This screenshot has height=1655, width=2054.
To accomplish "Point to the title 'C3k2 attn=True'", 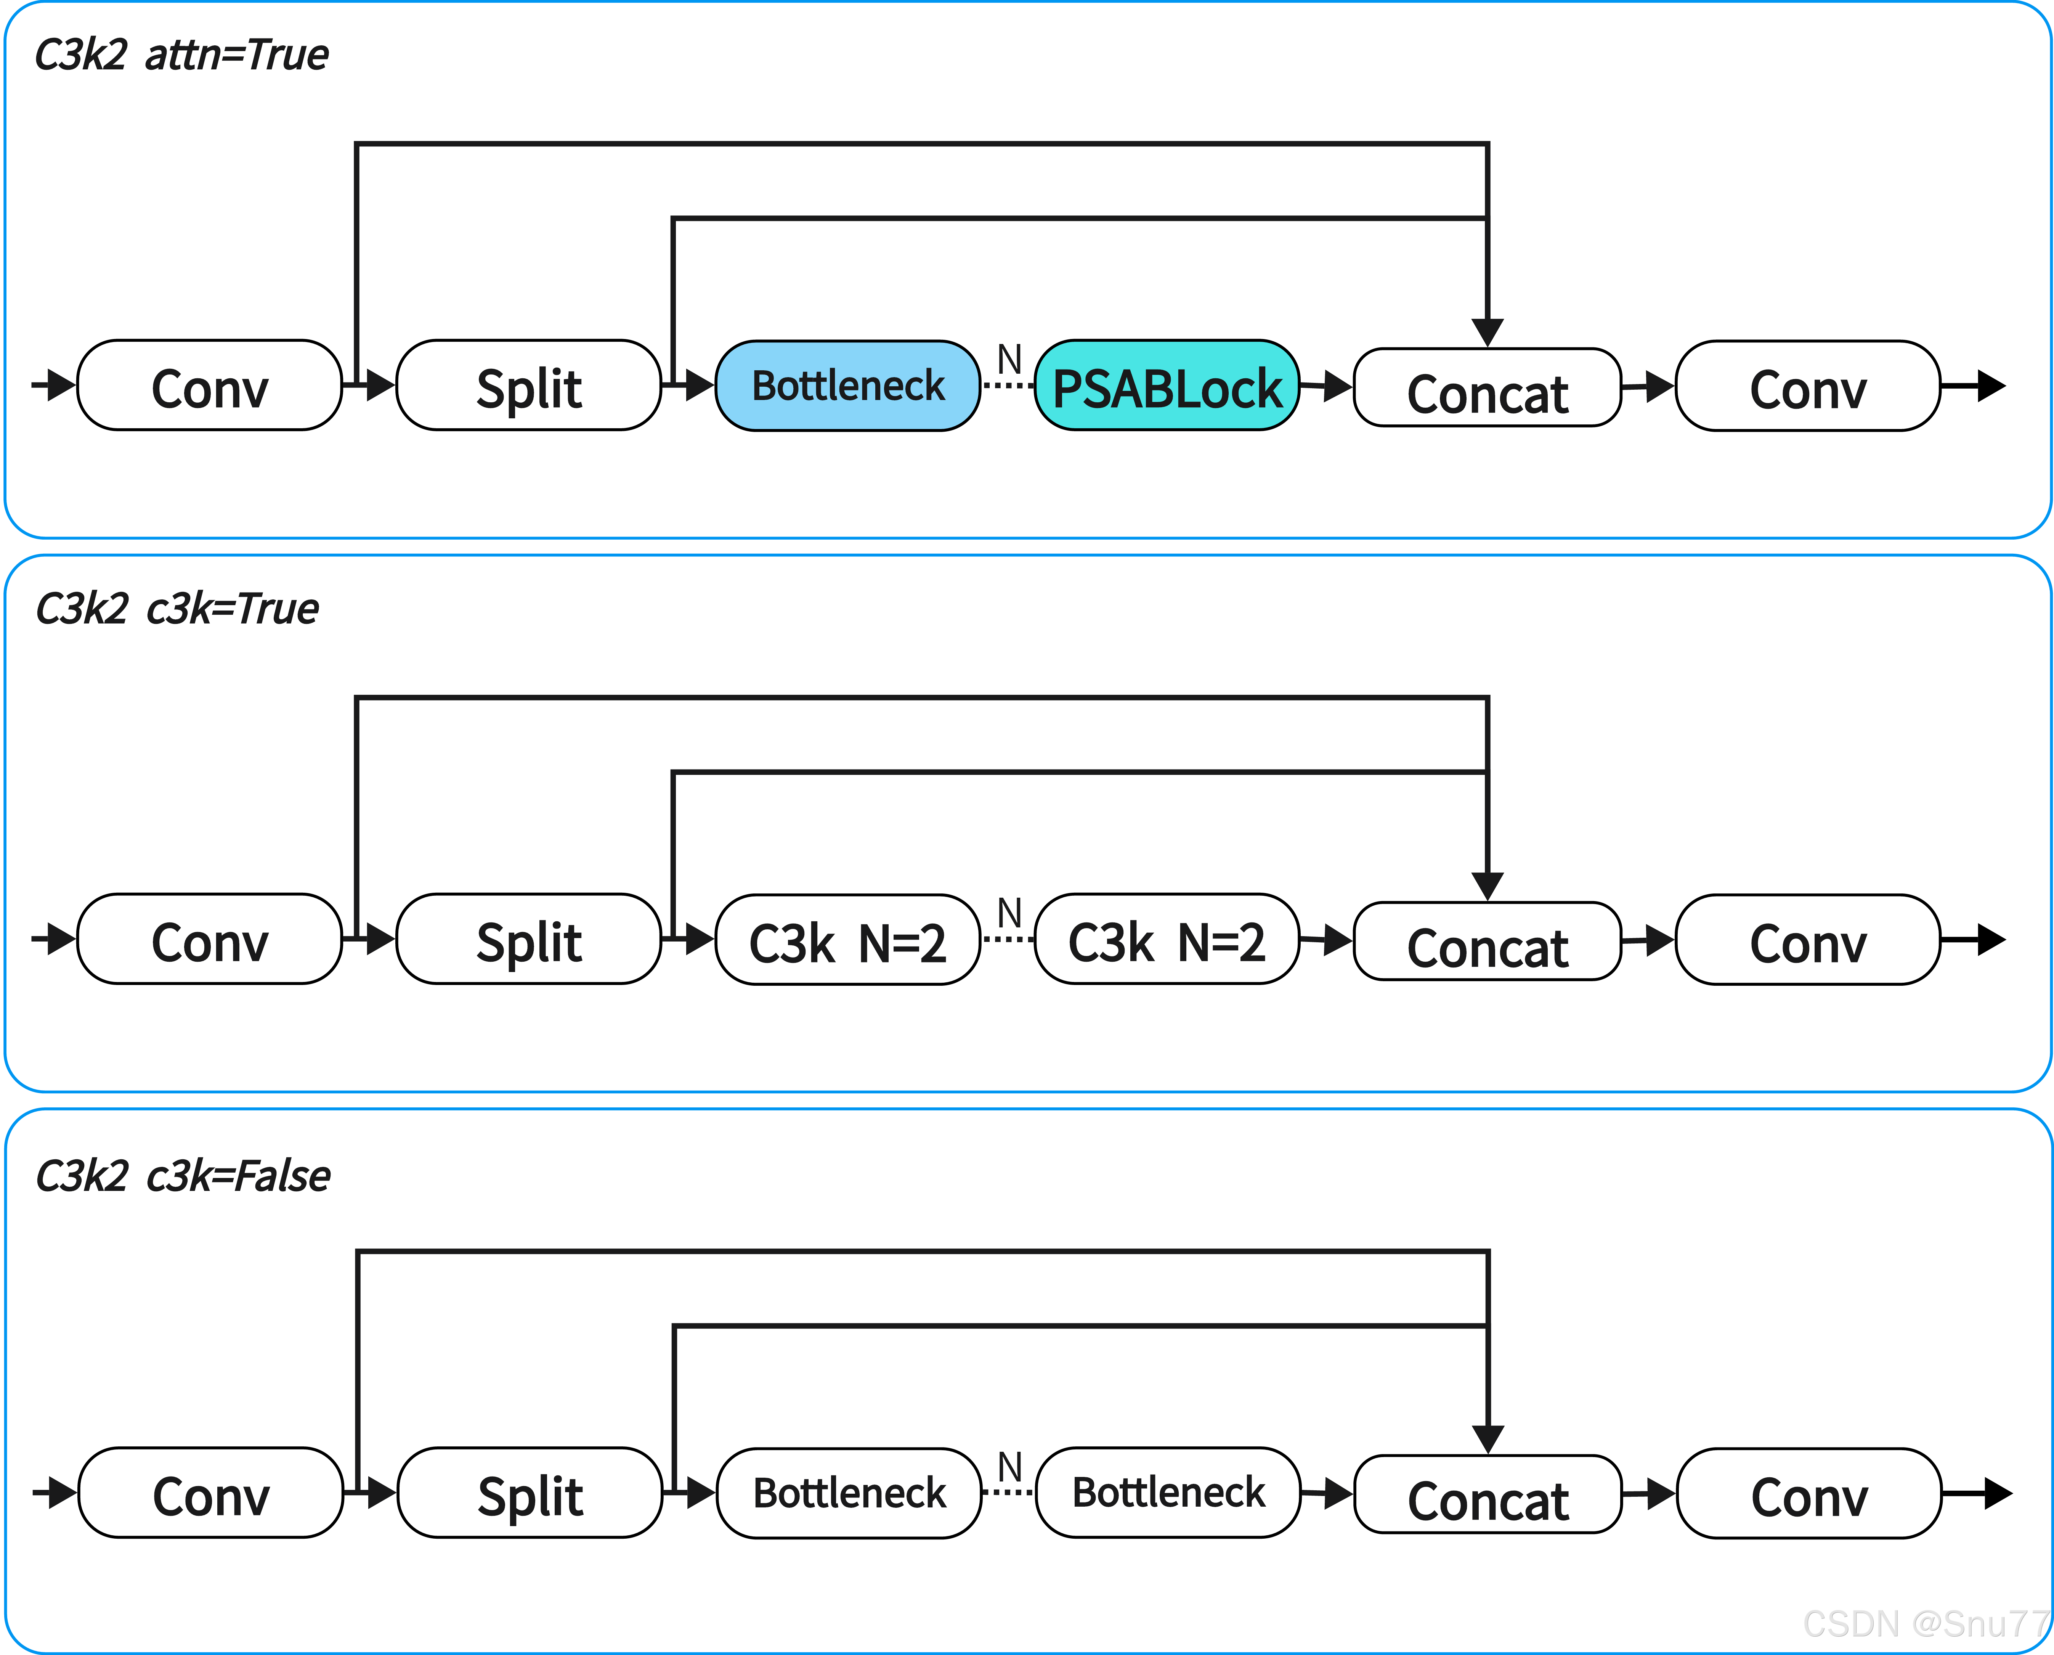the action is (x=181, y=54).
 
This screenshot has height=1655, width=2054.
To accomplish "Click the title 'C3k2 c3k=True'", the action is (x=177, y=608).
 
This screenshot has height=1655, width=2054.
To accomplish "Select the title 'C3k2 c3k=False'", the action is (x=182, y=1175).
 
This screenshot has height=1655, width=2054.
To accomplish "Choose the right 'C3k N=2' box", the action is (x=1167, y=939).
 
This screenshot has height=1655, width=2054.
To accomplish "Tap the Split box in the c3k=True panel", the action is (x=529, y=939).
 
